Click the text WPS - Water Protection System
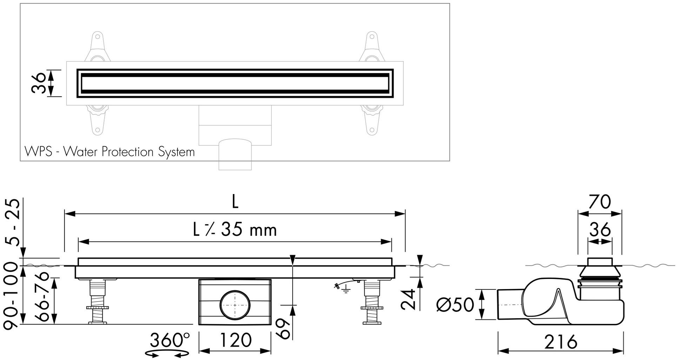tap(109, 152)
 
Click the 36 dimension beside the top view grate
tap(39, 83)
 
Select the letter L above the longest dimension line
tap(235, 202)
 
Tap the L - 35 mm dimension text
tap(235, 230)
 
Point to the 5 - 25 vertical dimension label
tap(13, 223)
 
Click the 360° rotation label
tap(170, 340)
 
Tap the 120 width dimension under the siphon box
tap(235, 340)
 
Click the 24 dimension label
tap(408, 299)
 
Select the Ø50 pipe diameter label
tap(455, 304)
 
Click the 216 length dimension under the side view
tap(561, 341)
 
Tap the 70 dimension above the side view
tap(599, 202)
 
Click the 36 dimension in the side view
tap(600, 230)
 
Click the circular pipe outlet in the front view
tap(235, 305)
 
